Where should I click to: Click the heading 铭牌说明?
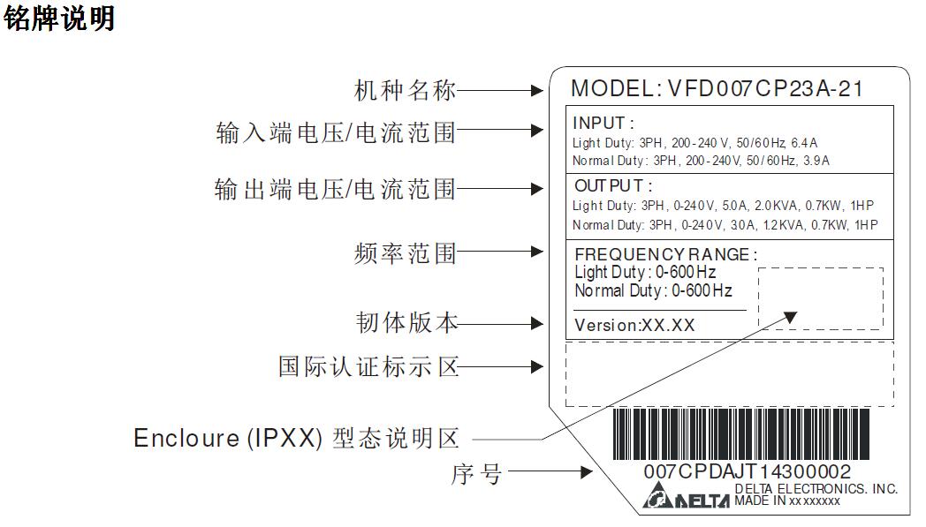[x=59, y=19]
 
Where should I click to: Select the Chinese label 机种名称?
[x=405, y=91]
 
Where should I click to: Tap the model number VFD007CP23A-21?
[x=765, y=89]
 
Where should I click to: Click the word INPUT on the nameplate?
[x=599, y=123]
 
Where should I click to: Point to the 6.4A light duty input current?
[x=804, y=143]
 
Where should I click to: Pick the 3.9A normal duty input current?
[x=816, y=161]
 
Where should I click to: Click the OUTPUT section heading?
[x=609, y=186]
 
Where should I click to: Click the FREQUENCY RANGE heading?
[x=662, y=254]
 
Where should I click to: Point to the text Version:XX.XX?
[x=634, y=325]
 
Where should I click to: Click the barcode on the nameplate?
[x=741, y=434]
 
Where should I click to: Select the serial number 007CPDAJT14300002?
[x=747, y=471]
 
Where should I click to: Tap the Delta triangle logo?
[x=656, y=495]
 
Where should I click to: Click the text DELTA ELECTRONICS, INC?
[x=816, y=489]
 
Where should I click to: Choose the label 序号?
[x=476, y=474]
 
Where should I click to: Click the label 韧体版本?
[x=406, y=323]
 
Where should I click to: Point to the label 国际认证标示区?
[x=368, y=367]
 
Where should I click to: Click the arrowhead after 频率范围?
[x=537, y=252]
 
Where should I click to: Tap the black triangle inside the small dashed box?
[x=790, y=318]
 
